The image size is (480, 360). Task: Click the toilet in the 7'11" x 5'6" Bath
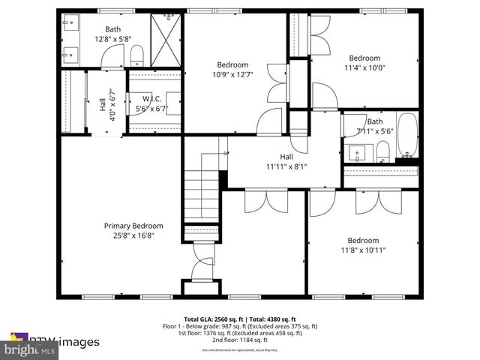(383, 152)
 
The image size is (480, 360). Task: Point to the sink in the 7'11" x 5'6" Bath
(358, 152)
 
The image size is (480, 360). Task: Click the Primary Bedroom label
(133, 226)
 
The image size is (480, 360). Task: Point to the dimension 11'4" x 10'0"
(364, 67)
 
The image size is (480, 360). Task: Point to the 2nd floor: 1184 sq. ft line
(240, 341)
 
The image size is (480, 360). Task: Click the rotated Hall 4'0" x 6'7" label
(106, 105)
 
